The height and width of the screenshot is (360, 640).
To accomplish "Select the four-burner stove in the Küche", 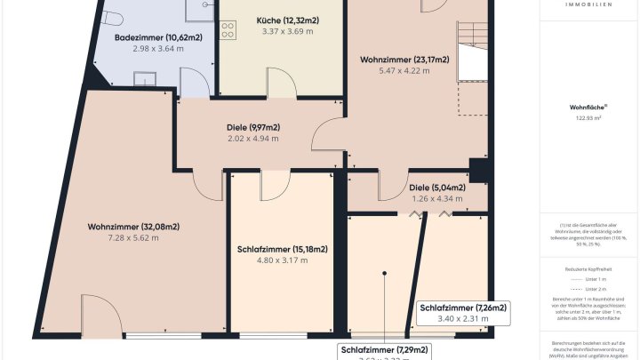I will (x=227, y=29).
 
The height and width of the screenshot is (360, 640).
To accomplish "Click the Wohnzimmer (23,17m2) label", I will (x=404, y=60).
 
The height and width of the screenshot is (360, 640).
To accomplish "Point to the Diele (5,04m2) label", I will (x=436, y=188).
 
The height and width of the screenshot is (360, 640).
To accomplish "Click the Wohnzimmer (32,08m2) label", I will (x=133, y=226).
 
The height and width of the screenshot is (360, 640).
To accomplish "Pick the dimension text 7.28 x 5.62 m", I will (x=133, y=237).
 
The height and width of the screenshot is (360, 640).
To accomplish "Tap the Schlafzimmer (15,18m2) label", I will (x=283, y=249).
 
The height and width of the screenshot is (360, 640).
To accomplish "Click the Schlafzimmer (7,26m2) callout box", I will (x=462, y=314).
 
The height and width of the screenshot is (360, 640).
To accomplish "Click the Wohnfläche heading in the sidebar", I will (x=588, y=107).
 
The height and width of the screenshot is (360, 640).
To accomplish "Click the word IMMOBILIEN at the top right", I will (x=588, y=4).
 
